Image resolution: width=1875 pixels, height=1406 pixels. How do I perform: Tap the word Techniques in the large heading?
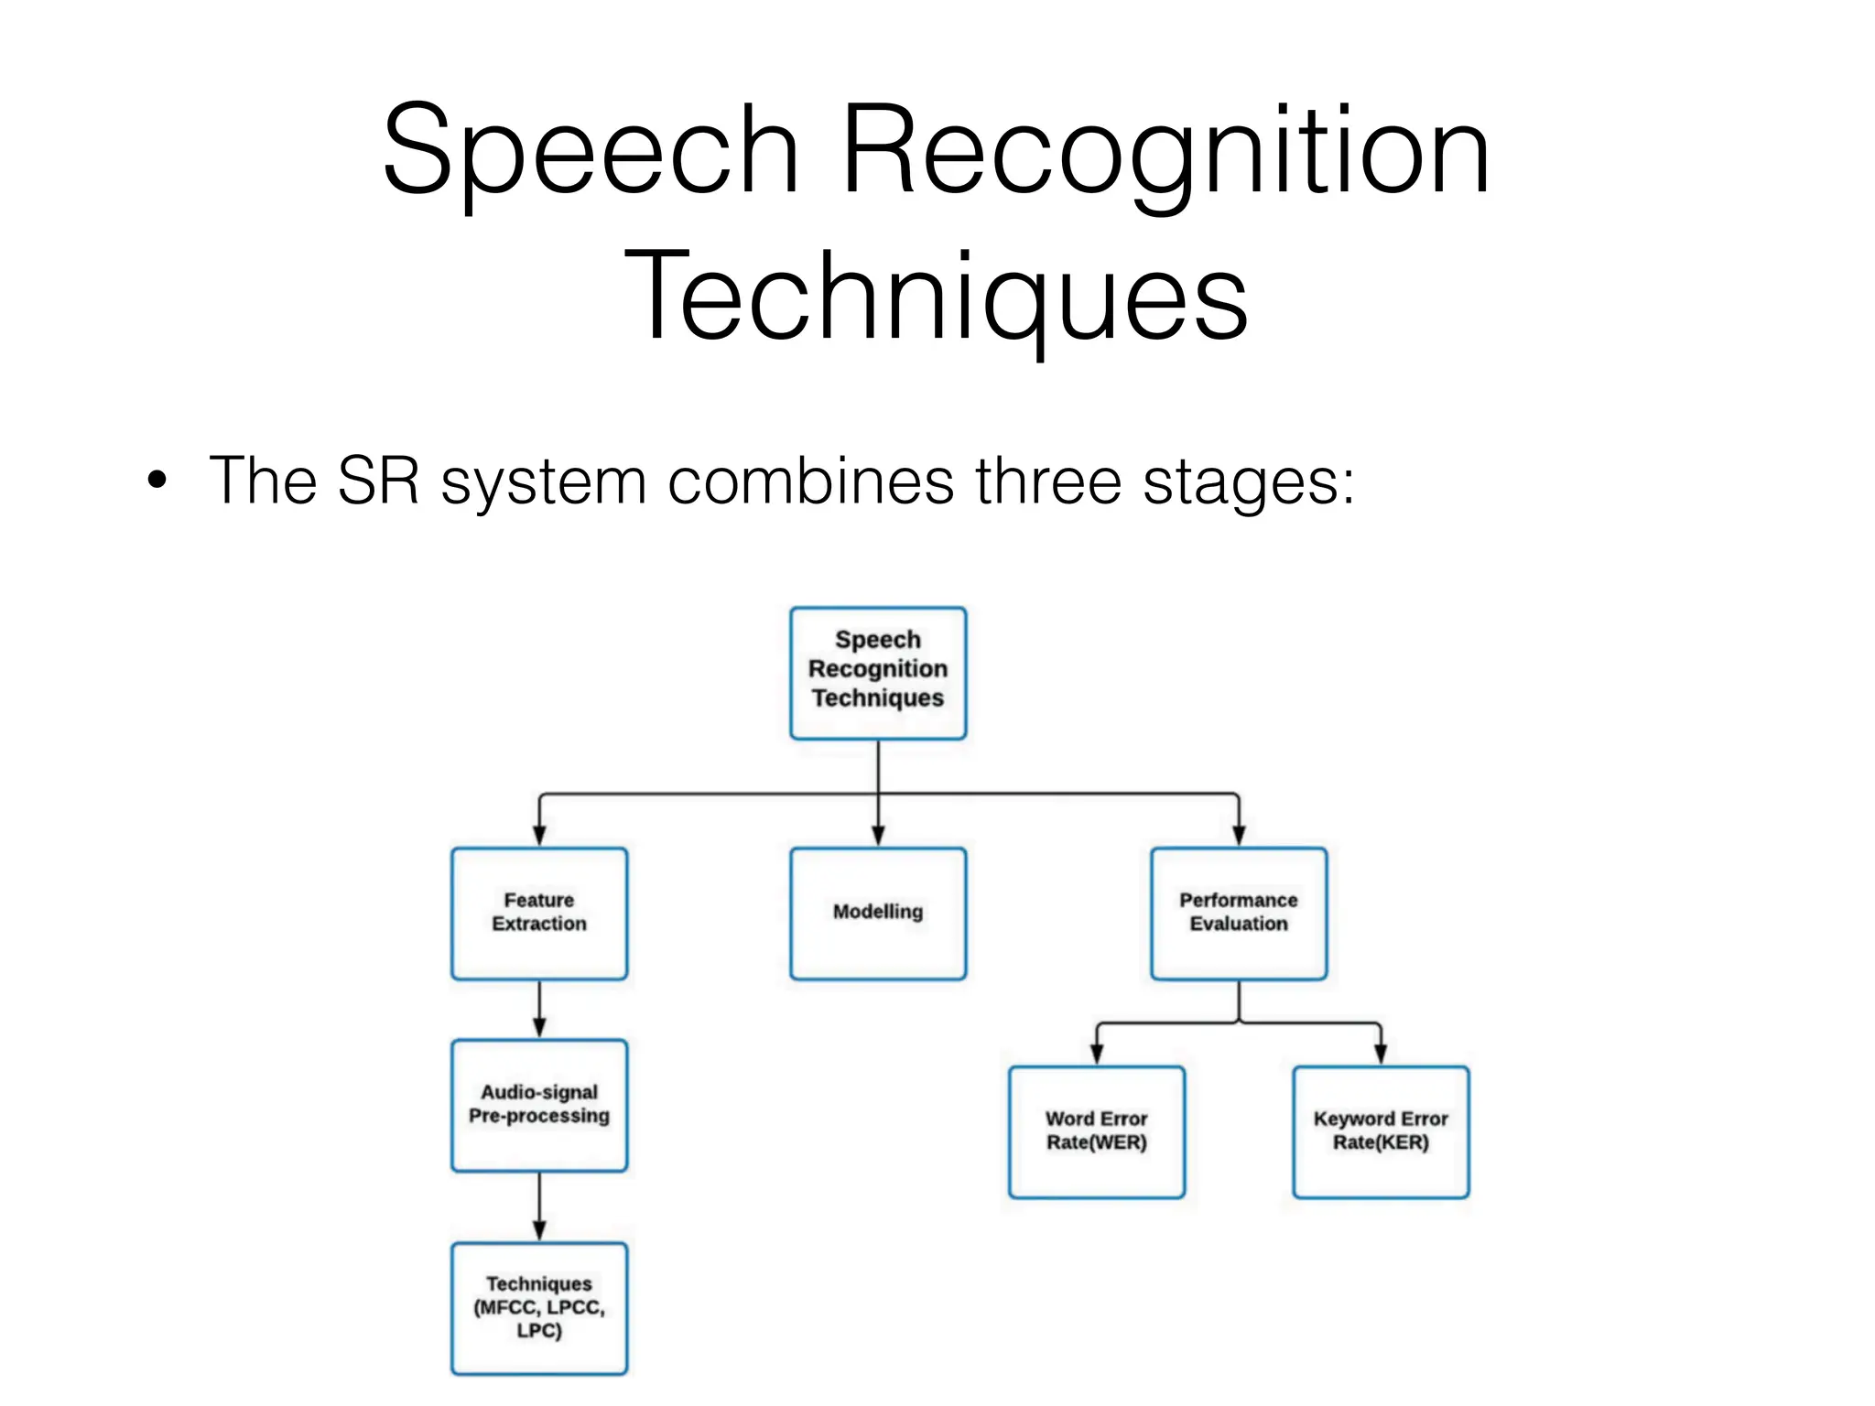(936, 297)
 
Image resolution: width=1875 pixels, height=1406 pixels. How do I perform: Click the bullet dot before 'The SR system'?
(157, 480)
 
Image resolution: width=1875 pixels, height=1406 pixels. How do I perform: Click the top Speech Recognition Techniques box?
(877, 672)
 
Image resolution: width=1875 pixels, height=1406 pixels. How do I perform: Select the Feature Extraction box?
(539, 913)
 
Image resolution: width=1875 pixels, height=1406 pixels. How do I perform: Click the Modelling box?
(877, 913)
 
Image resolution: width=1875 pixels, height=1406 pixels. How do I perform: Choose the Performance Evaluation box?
(1238, 913)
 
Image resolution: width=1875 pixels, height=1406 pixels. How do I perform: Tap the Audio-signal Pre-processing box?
(539, 1104)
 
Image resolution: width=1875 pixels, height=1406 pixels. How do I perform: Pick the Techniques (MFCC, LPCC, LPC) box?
(539, 1307)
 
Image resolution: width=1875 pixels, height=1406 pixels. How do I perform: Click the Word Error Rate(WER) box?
(1096, 1131)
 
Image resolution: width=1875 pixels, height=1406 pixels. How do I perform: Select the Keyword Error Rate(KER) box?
(1380, 1131)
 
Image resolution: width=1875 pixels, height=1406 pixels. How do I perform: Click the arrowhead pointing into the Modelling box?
(877, 835)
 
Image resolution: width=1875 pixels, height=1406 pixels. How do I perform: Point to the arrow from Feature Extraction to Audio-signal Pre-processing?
(539, 1010)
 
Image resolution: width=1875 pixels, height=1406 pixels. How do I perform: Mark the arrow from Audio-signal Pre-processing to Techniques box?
(539, 1206)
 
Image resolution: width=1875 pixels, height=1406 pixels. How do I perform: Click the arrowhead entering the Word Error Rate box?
(1096, 1054)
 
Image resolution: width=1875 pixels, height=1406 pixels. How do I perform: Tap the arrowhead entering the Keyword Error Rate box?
(1380, 1054)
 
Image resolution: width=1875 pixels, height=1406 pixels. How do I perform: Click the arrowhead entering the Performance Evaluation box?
(1238, 835)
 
